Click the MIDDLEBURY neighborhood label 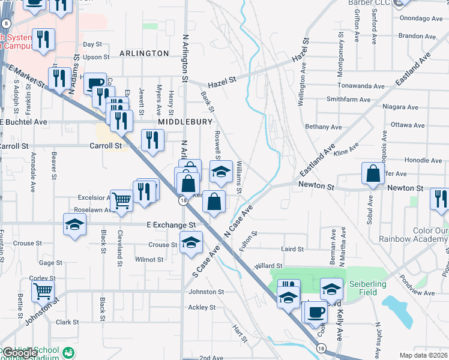point(185,122)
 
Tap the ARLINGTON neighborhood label point(144,53)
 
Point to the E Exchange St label point(172,225)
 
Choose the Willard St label point(268,266)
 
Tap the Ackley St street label point(202,307)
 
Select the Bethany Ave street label point(323,127)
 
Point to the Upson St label point(96,58)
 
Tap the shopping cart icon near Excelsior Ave point(122,200)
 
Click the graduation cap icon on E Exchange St point(75,224)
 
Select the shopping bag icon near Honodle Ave point(373,173)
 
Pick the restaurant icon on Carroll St point(152,140)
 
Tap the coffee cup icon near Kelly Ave point(316,312)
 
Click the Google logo point(19,353)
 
